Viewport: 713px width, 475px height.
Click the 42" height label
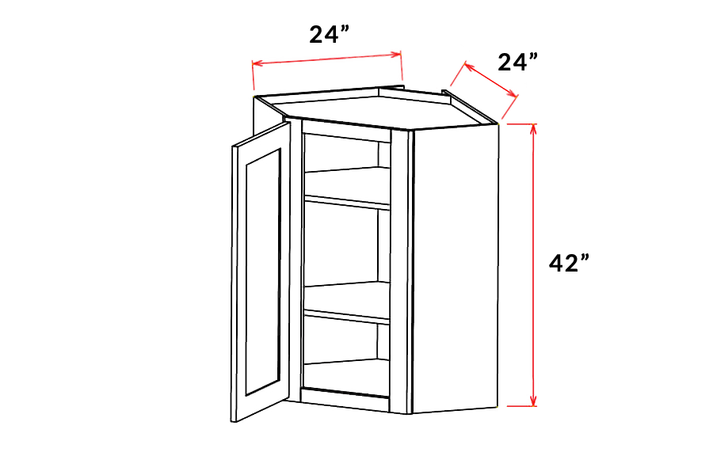(x=568, y=263)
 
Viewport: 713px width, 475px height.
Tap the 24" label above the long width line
(x=330, y=35)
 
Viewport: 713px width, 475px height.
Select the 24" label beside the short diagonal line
(x=518, y=62)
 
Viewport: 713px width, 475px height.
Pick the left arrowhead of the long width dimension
(x=257, y=63)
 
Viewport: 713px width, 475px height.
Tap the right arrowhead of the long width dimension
(x=397, y=54)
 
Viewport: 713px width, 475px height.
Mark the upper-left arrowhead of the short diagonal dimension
(x=467, y=66)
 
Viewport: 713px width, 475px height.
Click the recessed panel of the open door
(x=263, y=272)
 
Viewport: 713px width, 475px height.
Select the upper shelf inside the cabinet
(x=348, y=186)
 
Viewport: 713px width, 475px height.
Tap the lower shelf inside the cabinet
(x=348, y=302)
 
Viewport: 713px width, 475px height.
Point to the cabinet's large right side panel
(x=456, y=268)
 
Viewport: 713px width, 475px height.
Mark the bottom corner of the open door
(x=233, y=422)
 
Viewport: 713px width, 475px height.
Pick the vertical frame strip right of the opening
(x=399, y=272)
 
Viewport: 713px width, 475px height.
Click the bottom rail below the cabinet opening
(x=345, y=401)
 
